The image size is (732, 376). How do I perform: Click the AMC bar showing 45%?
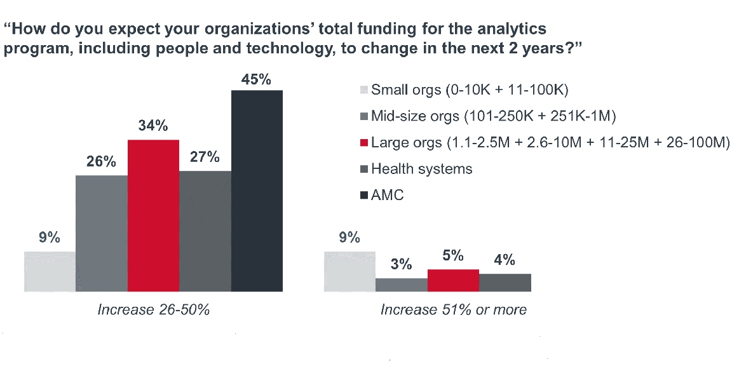click(257, 191)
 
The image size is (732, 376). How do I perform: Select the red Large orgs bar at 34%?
click(153, 215)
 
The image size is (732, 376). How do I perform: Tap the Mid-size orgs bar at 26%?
click(102, 233)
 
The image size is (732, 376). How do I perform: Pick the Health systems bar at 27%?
click(205, 231)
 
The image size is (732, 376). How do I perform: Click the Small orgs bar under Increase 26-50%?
click(50, 271)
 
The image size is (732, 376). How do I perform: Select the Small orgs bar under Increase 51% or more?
click(349, 271)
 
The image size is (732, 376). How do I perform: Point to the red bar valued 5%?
click(453, 280)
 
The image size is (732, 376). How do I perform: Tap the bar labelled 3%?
click(401, 285)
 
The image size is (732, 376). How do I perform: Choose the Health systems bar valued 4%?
click(505, 283)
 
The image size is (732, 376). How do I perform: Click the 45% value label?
click(257, 80)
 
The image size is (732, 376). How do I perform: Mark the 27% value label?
click(205, 158)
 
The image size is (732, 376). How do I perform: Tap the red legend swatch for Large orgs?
click(363, 142)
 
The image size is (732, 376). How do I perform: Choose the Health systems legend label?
click(422, 169)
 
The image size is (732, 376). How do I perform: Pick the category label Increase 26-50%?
click(153, 310)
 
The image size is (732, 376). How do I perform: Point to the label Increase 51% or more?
click(453, 310)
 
